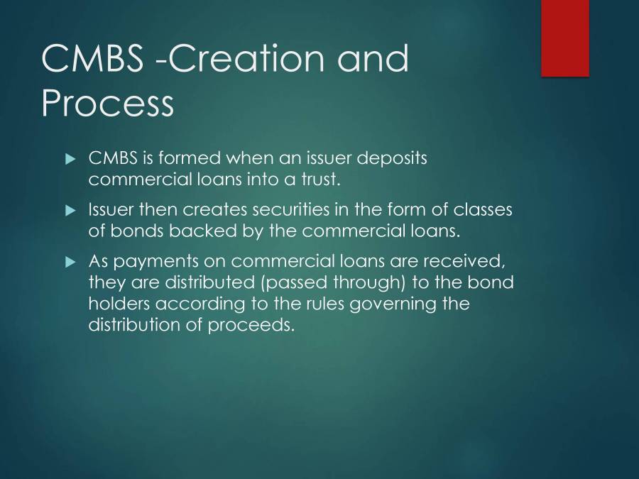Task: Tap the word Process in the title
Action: [x=107, y=103]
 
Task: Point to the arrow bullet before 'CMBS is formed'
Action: [x=70, y=160]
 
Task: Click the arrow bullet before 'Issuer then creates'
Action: [x=70, y=211]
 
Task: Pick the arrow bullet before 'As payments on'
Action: [x=70, y=262]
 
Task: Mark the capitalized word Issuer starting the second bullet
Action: [x=110, y=210]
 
